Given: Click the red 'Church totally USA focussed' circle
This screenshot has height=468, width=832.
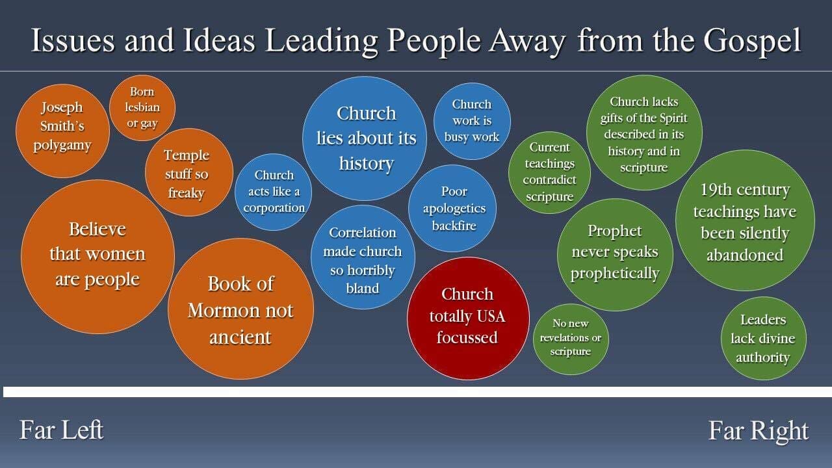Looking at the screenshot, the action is [x=469, y=318].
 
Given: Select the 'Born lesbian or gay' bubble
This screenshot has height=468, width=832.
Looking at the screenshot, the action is [x=142, y=108].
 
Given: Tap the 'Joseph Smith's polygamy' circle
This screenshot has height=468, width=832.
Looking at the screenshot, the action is [x=62, y=131].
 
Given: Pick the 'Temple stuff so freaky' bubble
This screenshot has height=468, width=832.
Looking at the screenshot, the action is [x=189, y=172].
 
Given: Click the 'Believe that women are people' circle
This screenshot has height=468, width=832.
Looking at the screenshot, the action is [x=97, y=257].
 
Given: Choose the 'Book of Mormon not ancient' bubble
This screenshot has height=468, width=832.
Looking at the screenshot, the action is [x=240, y=309].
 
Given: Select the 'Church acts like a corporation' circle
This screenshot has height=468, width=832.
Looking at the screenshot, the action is [x=274, y=192].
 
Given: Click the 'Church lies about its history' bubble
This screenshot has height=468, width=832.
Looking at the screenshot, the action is [x=365, y=138].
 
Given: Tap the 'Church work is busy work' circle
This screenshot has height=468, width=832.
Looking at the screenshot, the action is [x=472, y=121].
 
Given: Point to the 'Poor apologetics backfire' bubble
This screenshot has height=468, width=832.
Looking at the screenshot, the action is [x=452, y=209].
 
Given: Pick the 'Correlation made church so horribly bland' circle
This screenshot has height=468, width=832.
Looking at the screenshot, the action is [x=363, y=257].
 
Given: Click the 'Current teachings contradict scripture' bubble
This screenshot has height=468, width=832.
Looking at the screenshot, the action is [x=549, y=172].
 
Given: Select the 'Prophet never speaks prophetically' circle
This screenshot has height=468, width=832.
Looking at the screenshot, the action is [x=615, y=255].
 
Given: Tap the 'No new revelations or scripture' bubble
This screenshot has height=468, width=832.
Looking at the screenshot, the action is [x=571, y=339].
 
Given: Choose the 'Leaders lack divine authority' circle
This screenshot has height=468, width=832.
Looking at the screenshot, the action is [x=764, y=339].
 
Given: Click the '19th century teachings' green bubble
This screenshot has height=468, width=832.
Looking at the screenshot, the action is [x=745, y=220].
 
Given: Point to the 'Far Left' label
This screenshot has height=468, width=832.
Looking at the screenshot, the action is [x=61, y=430].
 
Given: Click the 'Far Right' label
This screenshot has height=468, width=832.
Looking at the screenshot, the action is [x=759, y=431].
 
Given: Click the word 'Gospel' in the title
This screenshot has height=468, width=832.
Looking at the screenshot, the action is [x=752, y=40].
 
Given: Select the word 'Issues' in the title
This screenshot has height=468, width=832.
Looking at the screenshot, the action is [x=73, y=40].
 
